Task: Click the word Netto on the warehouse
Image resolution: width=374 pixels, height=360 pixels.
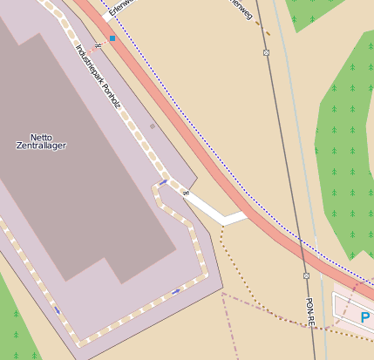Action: click(x=41, y=137)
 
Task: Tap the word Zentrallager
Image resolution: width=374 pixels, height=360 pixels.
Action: click(x=41, y=146)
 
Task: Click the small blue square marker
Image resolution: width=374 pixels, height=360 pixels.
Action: click(x=112, y=38)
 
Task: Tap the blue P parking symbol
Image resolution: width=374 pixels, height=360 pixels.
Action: click(x=365, y=318)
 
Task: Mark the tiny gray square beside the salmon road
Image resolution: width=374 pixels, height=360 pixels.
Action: click(x=152, y=126)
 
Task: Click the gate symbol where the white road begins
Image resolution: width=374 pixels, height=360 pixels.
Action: click(x=186, y=192)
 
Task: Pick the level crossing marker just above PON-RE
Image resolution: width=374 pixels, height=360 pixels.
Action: click(x=306, y=275)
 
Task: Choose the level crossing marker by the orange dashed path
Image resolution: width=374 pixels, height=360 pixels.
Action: click(x=266, y=53)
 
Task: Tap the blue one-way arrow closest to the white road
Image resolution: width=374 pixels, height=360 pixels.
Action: click(x=163, y=182)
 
